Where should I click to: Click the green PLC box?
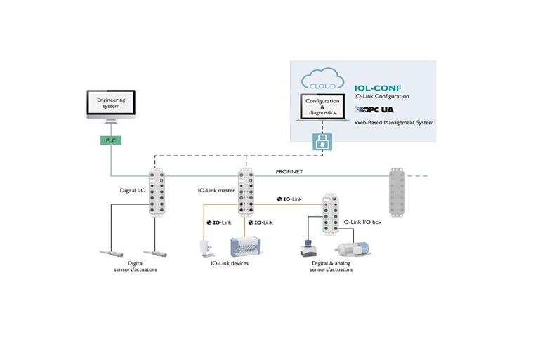[110, 140]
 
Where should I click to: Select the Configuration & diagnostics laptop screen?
[322, 106]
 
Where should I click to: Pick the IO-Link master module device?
[245, 192]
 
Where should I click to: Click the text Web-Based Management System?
[393, 122]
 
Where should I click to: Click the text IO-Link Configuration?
[382, 95]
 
